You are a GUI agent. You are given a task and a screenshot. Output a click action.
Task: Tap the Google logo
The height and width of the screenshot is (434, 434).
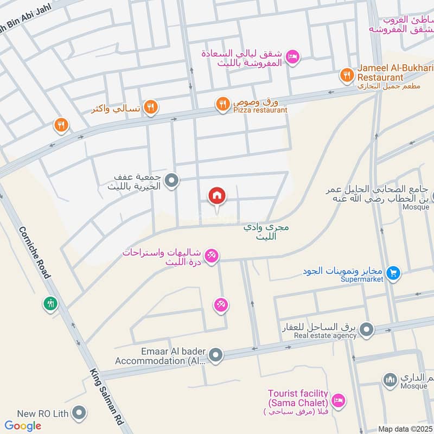pyautogui.click(x=23, y=426)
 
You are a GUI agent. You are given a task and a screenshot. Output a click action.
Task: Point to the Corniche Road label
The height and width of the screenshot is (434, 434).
pyautogui.click(x=34, y=252)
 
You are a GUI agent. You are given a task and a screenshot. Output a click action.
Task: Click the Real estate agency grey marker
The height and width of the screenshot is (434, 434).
pyautogui.click(x=367, y=329)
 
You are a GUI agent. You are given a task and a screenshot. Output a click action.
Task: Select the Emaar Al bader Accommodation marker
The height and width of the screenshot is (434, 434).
pyautogui.click(x=216, y=355)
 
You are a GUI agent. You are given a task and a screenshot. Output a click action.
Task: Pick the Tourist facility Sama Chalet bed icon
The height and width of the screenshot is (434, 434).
pyautogui.click(x=338, y=400)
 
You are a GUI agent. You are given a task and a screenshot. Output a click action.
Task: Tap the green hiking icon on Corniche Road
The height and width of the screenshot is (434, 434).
pyautogui.click(x=51, y=303)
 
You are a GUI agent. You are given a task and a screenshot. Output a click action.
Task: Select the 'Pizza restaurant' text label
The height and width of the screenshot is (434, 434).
pyautogui.click(x=260, y=110)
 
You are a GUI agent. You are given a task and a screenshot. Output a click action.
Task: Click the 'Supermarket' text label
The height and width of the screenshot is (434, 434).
pyautogui.click(x=362, y=279)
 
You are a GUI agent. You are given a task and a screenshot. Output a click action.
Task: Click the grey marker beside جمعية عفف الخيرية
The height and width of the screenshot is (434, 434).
pyautogui.click(x=171, y=181)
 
